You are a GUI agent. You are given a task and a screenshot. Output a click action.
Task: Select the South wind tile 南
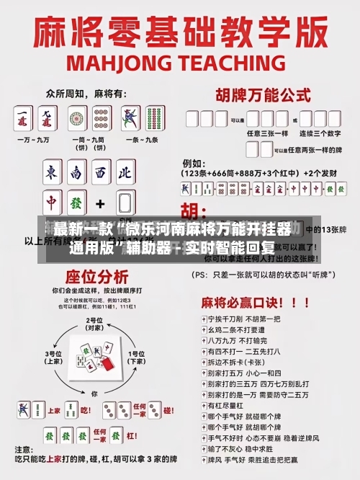(76, 173)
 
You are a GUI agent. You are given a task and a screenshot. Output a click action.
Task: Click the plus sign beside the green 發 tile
(101, 204)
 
